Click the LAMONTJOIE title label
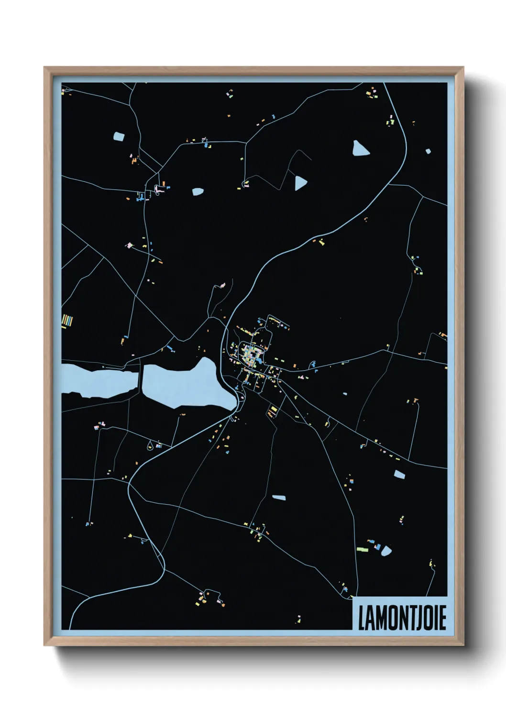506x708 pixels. click(x=402, y=619)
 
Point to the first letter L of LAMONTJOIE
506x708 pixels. click(x=362, y=619)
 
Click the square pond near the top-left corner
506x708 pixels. click(x=118, y=136)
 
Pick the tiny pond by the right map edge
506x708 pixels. click(x=428, y=151)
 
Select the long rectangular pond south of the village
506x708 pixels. click(x=279, y=498)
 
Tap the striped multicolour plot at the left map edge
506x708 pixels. click(x=67, y=321)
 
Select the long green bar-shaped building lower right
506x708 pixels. click(x=363, y=549)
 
